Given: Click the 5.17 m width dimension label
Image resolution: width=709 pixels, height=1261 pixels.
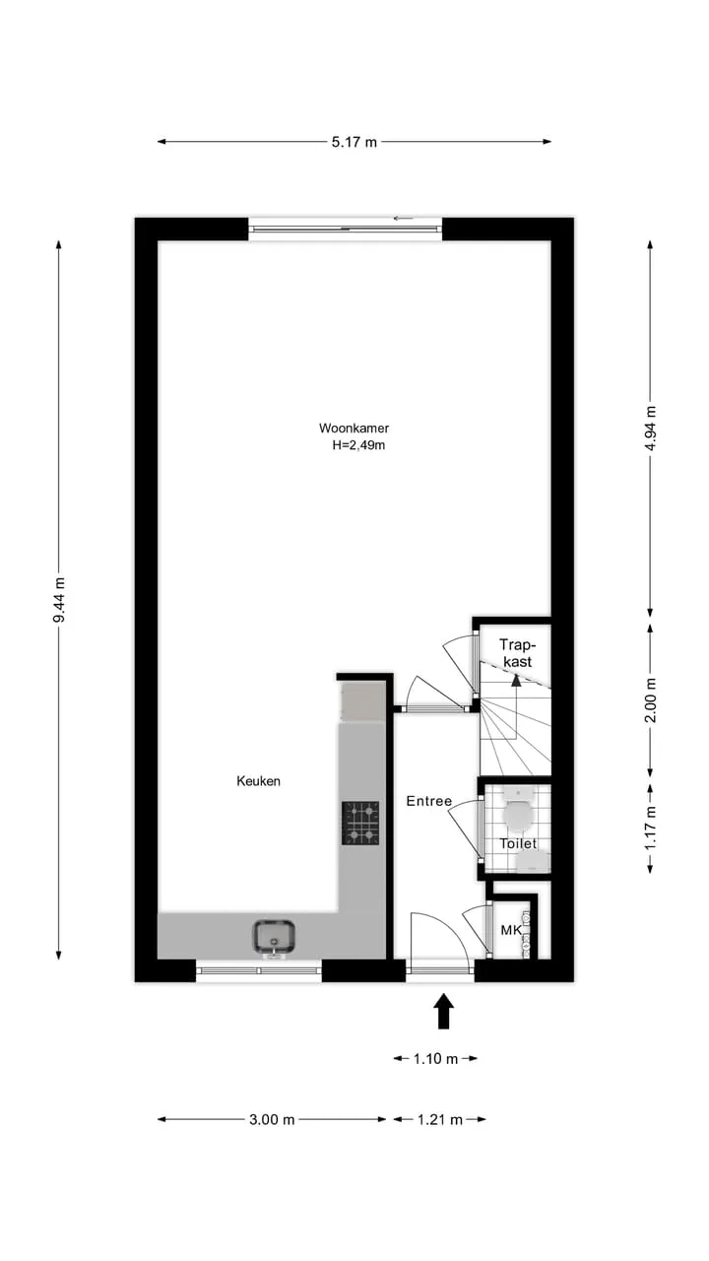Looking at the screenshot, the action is click(354, 142).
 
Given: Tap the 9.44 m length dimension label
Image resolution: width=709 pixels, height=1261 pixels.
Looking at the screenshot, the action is click(59, 600).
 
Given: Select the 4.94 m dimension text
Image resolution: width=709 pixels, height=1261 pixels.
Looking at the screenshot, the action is click(651, 429).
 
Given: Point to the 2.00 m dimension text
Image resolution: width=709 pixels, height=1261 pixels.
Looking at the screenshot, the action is click(651, 700).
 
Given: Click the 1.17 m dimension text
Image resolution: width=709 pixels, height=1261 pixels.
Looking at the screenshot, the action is click(651, 828).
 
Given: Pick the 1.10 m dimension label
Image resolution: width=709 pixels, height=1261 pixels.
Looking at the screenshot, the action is click(435, 1059).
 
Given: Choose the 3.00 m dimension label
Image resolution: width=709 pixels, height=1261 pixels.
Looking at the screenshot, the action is click(272, 1120).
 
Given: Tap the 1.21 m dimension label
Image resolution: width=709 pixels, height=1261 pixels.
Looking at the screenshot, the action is click(439, 1120).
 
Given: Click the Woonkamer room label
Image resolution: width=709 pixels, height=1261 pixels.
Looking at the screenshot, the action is click(354, 428).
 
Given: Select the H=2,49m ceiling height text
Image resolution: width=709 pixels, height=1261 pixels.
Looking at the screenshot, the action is click(358, 445).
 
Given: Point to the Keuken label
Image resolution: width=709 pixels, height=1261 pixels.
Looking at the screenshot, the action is click(258, 781).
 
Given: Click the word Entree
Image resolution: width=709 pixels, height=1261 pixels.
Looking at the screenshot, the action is click(428, 801).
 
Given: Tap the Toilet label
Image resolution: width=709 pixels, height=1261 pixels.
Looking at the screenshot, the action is click(518, 843).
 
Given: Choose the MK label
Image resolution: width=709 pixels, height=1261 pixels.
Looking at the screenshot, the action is click(511, 930).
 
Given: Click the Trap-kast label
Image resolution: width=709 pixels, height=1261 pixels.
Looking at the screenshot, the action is click(517, 653).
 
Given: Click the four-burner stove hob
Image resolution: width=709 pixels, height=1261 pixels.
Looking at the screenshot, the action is click(360, 823).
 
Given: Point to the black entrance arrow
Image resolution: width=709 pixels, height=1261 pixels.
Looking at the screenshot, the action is click(444, 1011).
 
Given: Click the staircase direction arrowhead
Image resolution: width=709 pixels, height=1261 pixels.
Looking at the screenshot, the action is click(515, 681).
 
